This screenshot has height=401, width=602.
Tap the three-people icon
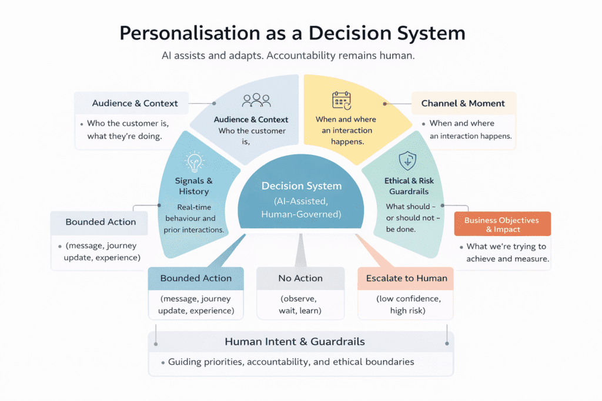click(x=256, y=100)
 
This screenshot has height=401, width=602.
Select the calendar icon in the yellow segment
click(x=342, y=100)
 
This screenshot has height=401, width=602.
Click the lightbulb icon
click(x=193, y=161)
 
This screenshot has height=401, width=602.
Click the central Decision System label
click(x=301, y=186)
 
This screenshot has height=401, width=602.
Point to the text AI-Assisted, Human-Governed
click(x=301, y=207)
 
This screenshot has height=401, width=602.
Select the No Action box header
click(x=300, y=278)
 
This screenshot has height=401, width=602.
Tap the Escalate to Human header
click(x=406, y=278)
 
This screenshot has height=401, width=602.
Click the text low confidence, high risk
click(x=406, y=304)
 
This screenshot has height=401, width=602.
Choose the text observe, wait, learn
click(x=300, y=304)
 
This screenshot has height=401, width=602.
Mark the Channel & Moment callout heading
click(x=463, y=103)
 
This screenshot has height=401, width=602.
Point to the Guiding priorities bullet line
click(x=291, y=362)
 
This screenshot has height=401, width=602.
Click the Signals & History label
click(x=193, y=186)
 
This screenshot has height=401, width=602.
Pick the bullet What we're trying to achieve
click(x=507, y=252)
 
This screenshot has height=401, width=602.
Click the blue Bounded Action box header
click(x=196, y=278)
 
